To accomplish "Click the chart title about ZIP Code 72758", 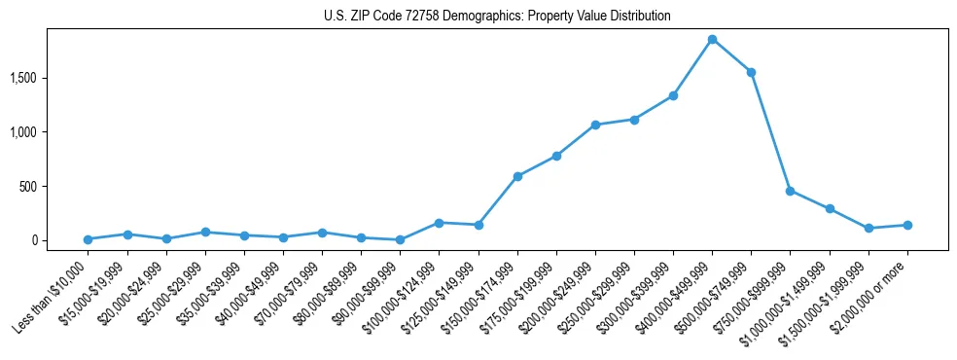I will [497, 17].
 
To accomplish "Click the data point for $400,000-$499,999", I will [712, 39].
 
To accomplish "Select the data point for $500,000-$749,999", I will [752, 72].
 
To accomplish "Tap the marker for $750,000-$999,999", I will [791, 191].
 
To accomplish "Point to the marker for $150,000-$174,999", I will [517, 176].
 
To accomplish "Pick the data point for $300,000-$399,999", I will [673, 95].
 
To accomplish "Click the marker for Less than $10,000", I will [88, 239].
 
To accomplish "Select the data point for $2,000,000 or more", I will [907, 225].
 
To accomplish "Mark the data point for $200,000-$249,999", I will [595, 125].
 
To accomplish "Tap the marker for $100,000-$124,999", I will [440, 223].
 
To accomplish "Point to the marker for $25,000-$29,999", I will [205, 232].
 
